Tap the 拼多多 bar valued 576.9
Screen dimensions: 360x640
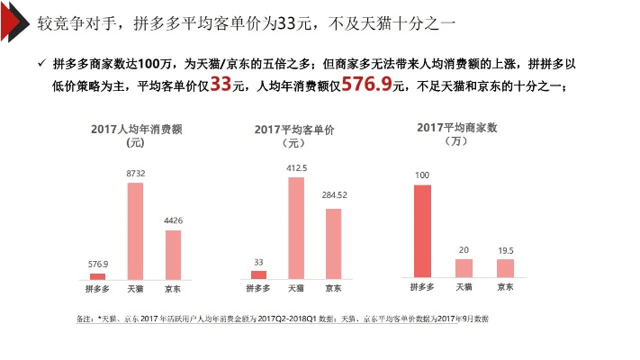click(97, 276)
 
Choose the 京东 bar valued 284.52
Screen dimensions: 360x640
click(333, 244)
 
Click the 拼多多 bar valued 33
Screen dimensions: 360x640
click(258, 274)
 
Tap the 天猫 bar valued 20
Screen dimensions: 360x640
click(464, 268)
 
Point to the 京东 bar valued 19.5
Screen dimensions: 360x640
click(505, 268)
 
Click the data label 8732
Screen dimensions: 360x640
click(136, 172)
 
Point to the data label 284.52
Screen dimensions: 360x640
click(334, 194)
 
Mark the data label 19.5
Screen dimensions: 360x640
click(506, 248)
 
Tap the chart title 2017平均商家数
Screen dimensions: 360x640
click(456, 128)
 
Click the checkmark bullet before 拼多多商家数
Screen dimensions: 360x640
click(41, 64)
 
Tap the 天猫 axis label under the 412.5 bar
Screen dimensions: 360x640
click(296, 289)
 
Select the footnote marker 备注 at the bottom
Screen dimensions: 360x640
click(86, 319)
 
